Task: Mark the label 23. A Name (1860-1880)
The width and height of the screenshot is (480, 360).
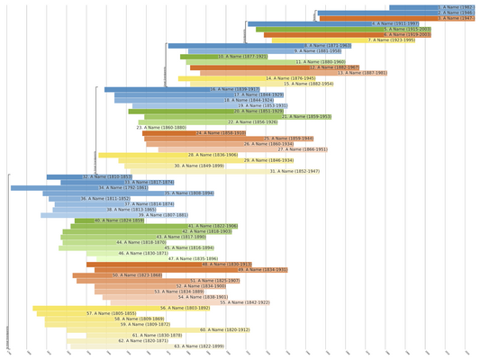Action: point(162,128)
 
